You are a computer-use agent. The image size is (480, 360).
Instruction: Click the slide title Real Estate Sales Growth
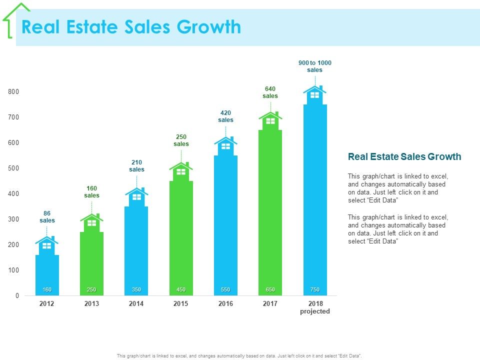[131, 27]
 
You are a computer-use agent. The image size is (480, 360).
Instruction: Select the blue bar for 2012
[47, 272]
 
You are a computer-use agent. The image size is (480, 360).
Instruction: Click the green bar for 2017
[270, 210]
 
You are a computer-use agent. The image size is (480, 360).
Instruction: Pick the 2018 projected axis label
[315, 307]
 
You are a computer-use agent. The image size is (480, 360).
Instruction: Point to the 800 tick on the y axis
[13, 91]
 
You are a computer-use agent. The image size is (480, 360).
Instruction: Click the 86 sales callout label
[47, 216]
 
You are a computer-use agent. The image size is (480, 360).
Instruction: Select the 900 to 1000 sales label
[315, 66]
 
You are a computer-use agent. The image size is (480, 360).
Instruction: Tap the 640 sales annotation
[270, 92]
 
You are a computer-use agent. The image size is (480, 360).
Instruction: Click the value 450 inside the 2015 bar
[181, 290]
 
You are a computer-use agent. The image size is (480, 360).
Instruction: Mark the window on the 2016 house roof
[225, 146]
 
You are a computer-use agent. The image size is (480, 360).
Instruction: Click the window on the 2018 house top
[315, 95]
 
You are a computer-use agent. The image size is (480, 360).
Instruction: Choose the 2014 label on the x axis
[136, 303]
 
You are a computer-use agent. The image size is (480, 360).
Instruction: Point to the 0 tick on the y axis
[17, 295]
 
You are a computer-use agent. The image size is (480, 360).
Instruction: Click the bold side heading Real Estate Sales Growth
[404, 157]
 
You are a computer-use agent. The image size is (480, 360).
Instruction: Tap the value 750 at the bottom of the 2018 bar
[315, 290]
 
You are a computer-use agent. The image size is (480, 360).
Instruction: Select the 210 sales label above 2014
[136, 165]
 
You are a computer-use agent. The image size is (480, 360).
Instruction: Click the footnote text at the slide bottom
[239, 355]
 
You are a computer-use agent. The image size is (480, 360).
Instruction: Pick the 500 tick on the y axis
[13, 168]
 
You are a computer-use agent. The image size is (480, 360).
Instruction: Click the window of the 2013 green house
[91, 223]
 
